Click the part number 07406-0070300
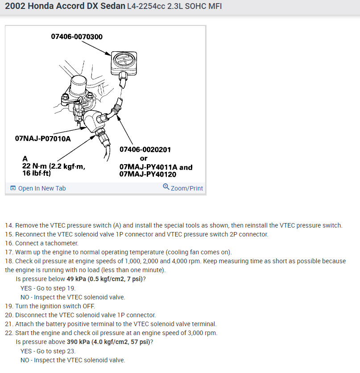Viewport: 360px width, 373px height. [77, 37]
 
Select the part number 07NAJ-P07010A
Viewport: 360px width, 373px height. [43, 138]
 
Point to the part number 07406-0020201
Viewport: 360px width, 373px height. [145, 150]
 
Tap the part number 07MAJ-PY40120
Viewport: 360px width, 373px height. [148, 174]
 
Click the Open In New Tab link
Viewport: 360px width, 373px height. [41, 188]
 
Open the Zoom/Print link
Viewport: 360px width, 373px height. [186, 188]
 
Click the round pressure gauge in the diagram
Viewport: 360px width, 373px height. [124, 60]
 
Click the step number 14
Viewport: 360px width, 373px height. [9, 225]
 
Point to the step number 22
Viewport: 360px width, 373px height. [9, 333]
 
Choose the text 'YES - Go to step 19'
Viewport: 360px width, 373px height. [48, 288]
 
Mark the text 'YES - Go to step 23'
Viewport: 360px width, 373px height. [48, 351]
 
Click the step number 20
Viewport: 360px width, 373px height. [9, 315]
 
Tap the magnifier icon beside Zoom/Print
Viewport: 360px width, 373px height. [166, 187]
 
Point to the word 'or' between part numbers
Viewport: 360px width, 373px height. [144, 158]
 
